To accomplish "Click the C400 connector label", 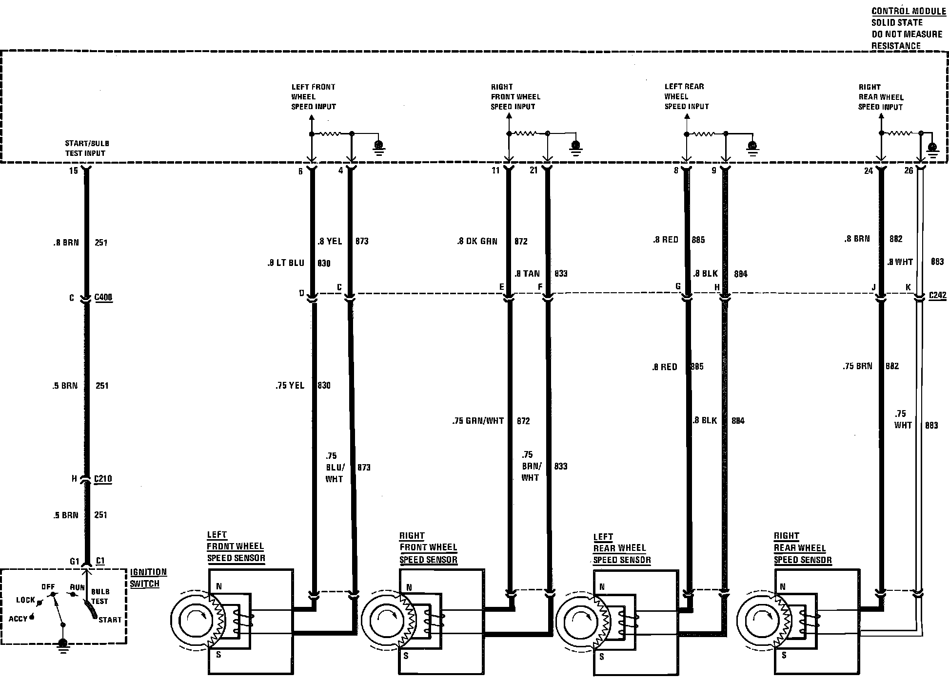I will (103, 297).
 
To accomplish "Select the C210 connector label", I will (103, 479).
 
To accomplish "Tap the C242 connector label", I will (937, 295).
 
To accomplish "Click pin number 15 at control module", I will (73, 171).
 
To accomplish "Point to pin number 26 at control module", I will (909, 170).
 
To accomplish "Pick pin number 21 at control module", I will (534, 170).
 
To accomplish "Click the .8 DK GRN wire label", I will (477, 241).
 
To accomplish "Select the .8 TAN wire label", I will (527, 273).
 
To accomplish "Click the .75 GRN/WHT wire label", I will (478, 421).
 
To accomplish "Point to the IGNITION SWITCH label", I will (148, 578).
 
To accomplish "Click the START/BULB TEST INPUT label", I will (86, 148).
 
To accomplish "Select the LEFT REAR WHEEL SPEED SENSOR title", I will (622, 548).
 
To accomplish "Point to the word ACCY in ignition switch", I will (18, 619).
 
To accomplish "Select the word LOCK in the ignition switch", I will (25, 600).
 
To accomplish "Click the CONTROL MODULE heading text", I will (908, 11).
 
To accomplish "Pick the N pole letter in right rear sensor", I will (783, 586).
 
